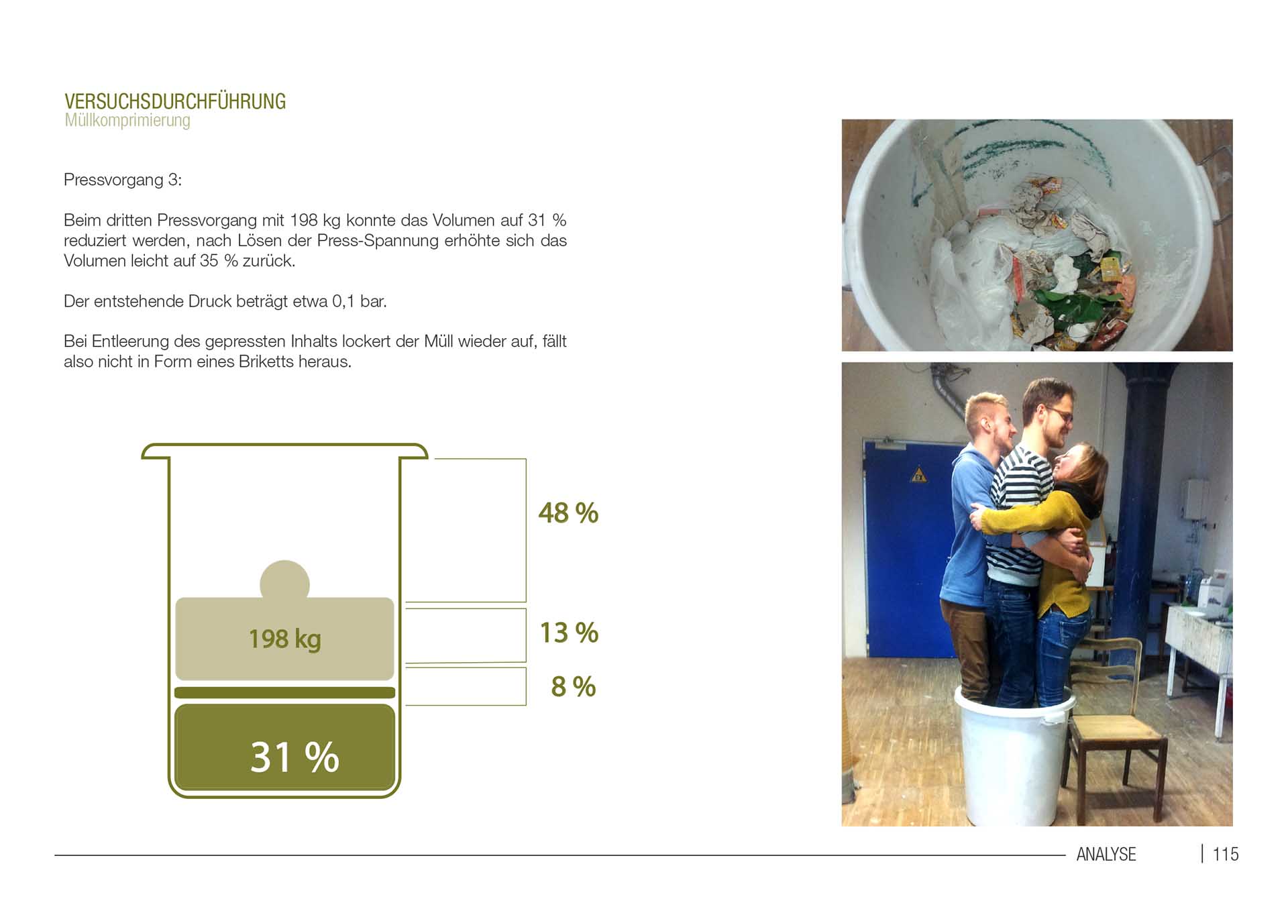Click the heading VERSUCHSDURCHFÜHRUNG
pyautogui.click(x=175, y=101)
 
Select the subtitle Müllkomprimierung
pyautogui.click(x=127, y=121)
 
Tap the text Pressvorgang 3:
pyautogui.click(x=123, y=180)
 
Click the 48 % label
pyautogui.click(x=568, y=513)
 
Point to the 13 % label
pyautogui.click(x=569, y=633)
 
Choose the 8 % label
pyautogui.click(x=574, y=686)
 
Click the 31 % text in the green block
pyautogui.click(x=294, y=757)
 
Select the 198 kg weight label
pyautogui.click(x=285, y=639)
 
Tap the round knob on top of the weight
pyautogui.click(x=284, y=579)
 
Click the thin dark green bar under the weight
pyautogui.click(x=284, y=692)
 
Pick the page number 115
pyautogui.click(x=1226, y=854)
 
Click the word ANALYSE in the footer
pyautogui.click(x=1106, y=854)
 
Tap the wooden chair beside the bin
pyautogui.click(x=1117, y=728)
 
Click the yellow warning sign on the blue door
pyautogui.click(x=918, y=476)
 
